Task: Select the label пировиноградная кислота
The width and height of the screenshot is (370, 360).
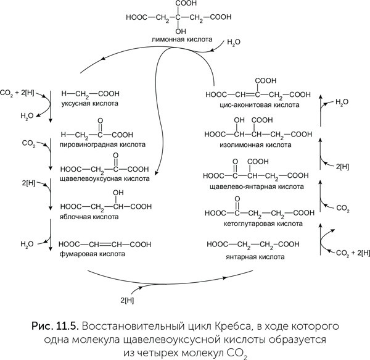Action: pyautogui.click(x=103, y=144)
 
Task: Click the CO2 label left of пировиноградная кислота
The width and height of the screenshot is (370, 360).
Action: pyautogui.click(x=28, y=143)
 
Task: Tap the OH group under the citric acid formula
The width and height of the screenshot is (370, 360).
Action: pyautogui.click(x=180, y=30)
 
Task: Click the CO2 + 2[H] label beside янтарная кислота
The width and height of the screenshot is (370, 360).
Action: pyautogui.click(x=351, y=254)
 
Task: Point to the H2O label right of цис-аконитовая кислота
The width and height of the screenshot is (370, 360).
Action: pyautogui.click(x=342, y=103)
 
